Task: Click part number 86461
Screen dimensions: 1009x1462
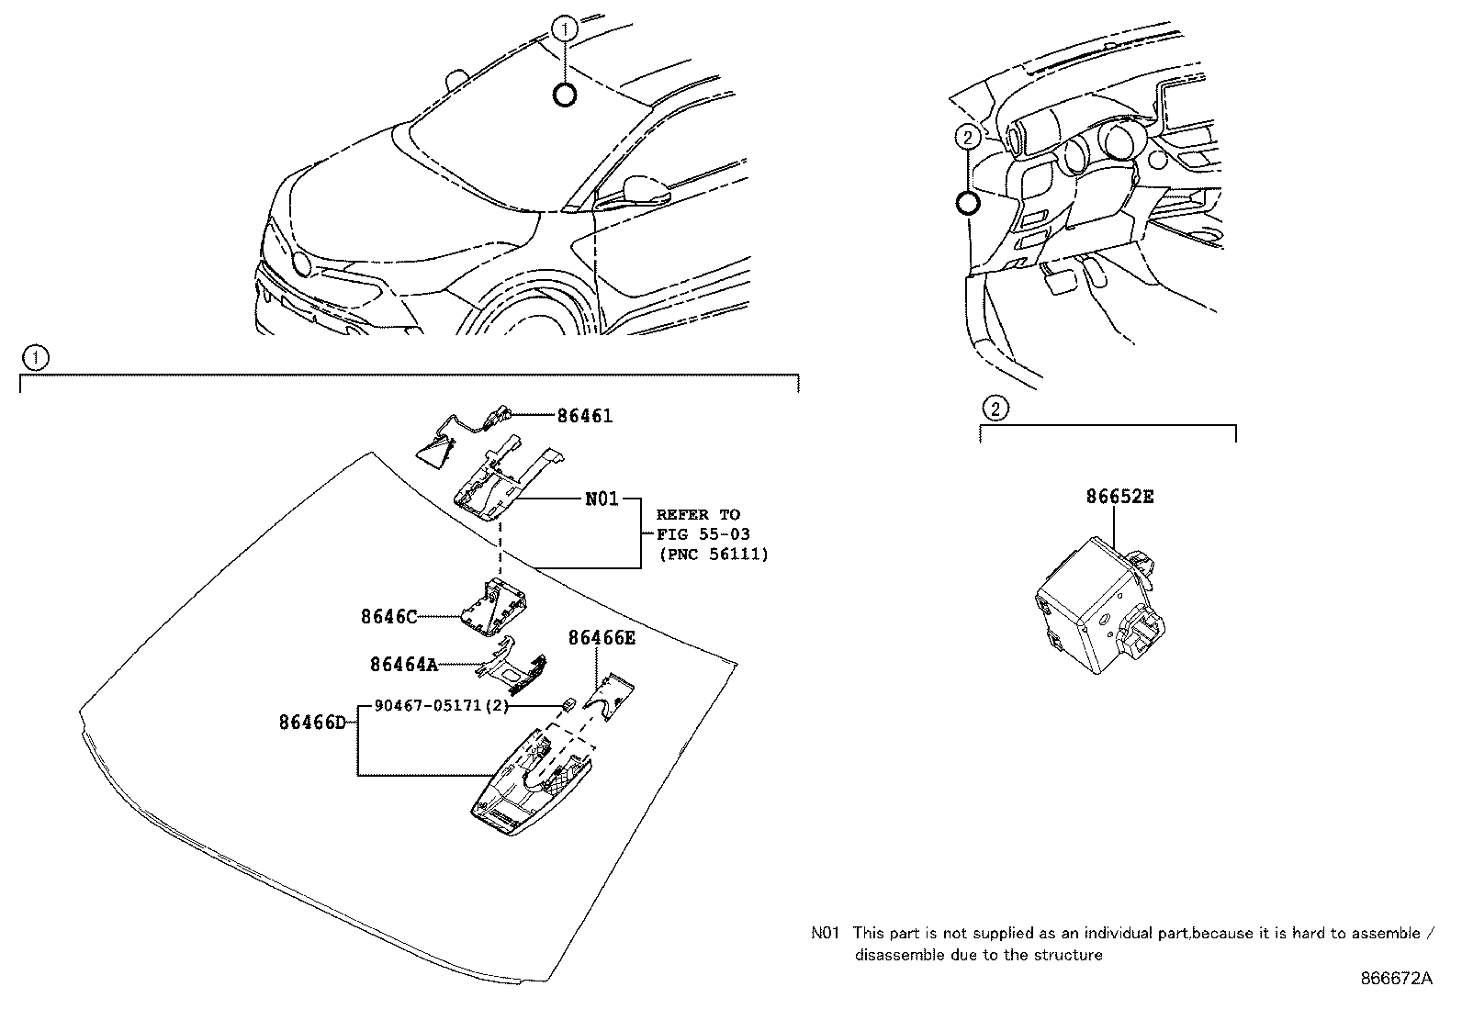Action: click(584, 416)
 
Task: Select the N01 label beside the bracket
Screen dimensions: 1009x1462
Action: click(602, 499)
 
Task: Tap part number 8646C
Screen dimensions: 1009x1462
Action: click(388, 617)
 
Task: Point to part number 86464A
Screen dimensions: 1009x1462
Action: click(404, 664)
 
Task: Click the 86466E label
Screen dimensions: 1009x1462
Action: click(601, 638)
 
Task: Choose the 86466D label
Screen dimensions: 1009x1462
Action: click(312, 723)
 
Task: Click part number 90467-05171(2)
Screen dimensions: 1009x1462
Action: click(441, 706)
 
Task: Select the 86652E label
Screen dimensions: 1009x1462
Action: click(1119, 497)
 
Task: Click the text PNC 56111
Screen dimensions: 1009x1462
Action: click(714, 555)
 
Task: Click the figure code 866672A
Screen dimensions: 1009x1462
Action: click(1396, 979)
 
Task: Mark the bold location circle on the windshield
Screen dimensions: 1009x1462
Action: click(566, 94)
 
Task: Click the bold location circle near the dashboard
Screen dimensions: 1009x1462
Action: click(966, 203)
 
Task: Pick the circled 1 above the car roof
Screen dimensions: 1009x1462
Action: click(566, 29)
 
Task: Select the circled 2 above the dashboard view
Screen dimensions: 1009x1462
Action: click(966, 138)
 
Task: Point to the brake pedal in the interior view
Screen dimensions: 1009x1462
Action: click(1059, 277)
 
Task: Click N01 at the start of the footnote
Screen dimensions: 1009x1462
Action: click(826, 934)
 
